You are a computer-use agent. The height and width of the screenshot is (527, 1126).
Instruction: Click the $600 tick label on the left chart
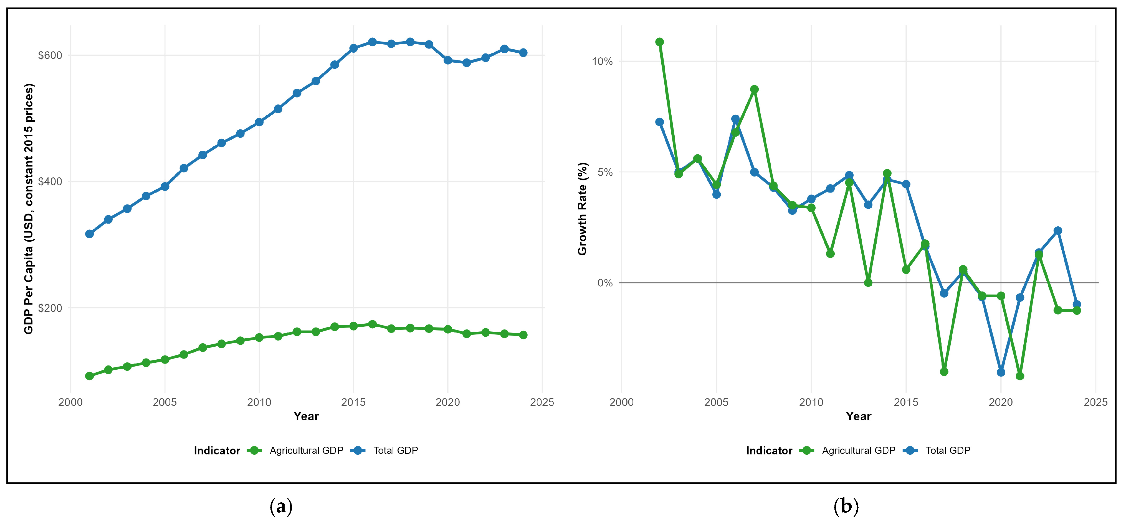pos(50,55)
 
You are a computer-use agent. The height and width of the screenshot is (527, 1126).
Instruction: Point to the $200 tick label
pos(50,308)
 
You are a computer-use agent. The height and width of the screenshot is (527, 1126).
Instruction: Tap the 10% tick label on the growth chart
pos(602,62)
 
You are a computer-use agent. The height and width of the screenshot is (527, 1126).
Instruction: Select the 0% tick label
pos(605,283)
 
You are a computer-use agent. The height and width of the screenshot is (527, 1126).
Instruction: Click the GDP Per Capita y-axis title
pos(29,209)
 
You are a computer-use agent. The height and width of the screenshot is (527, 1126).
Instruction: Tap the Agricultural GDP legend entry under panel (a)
pos(295,451)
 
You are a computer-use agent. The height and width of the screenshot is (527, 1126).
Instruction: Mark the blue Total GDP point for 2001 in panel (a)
pos(90,234)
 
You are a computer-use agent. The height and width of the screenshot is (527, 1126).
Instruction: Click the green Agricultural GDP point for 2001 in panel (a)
pos(90,376)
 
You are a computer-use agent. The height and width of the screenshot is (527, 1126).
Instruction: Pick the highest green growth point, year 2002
pos(660,42)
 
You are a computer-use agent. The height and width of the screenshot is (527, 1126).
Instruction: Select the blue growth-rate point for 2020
pos(1001,372)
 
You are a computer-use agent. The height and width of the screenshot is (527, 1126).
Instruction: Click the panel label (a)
pos(281,506)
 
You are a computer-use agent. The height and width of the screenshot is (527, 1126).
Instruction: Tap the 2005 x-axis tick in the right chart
pos(717,402)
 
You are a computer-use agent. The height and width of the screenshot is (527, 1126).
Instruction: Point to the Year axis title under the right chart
pos(859,416)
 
